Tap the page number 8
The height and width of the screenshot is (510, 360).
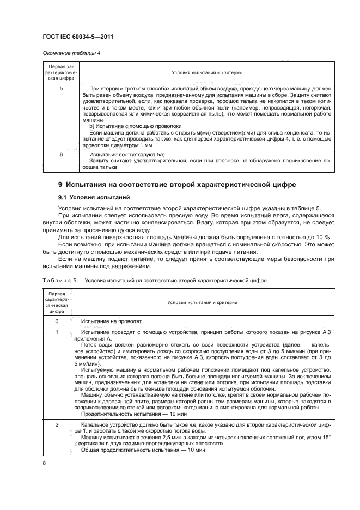pyautogui.click(x=44, y=462)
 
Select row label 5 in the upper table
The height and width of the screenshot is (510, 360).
pyautogui.click(x=60, y=88)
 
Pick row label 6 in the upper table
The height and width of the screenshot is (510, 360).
pyautogui.click(x=60, y=155)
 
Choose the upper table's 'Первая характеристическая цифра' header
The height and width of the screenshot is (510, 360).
pyautogui.click(x=60, y=72)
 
